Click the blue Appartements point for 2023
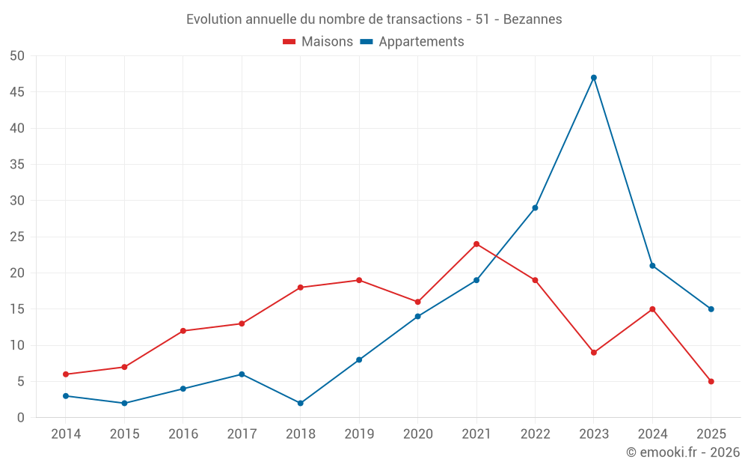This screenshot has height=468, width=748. pyautogui.click(x=594, y=78)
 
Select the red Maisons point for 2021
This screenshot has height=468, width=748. pyautogui.click(x=476, y=244)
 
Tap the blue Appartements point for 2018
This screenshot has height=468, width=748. pyautogui.click(x=301, y=404)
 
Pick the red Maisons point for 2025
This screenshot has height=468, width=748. pyautogui.click(x=711, y=382)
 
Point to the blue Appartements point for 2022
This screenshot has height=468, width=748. pyautogui.click(x=535, y=208)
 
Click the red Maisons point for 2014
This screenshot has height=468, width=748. pyautogui.click(x=66, y=374)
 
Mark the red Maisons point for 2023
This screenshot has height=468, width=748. pyautogui.click(x=594, y=353)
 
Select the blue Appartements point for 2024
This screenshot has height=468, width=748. pyautogui.click(x=652, y=266)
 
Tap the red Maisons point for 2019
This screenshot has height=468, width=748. pyautogui.click(x=359, y=281)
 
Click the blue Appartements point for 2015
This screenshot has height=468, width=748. pyautogui.click(x=124, y=404)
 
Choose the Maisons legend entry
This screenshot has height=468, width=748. pyautogui.click(x=318, y=42)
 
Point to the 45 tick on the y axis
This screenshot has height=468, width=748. pyautogui.click(x=17, y=92)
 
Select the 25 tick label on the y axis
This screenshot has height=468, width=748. pyautogui.click(x=17, y=237)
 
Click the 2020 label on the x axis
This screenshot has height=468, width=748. pyautogui.click(x=418, y=434)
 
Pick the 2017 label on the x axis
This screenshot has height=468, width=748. pyautogui.click(x=242, y=434)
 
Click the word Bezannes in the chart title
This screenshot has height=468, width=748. pyautogui.click(x=533, y=19)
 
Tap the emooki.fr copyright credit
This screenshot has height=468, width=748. pyautogui.click(x=683, y=452)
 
